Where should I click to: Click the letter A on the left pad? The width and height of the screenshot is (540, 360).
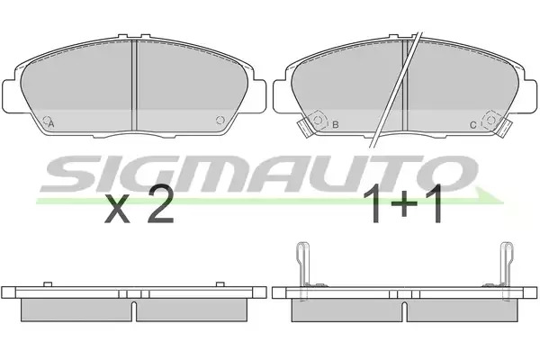(51, 124)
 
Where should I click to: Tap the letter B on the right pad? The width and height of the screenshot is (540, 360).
(335, 124)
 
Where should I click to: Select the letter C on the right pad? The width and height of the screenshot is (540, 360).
(473, 125)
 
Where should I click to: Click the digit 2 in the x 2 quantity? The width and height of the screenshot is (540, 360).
(160, 203)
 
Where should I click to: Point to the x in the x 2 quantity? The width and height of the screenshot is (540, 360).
(117, 209)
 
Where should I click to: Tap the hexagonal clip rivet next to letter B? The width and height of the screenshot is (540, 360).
(318, 121)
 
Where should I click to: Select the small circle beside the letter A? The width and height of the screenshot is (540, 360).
(46, 120)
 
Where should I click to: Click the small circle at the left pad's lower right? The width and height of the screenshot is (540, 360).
(220, 120)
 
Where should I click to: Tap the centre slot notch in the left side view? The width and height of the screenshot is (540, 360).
(135, 310)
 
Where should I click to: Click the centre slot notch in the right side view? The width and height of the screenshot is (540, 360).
(405, 310)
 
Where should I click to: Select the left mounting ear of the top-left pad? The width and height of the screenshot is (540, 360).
(10, 95)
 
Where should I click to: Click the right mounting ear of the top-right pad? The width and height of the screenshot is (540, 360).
(530, 95)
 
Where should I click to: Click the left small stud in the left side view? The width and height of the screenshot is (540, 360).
(48, 284)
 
